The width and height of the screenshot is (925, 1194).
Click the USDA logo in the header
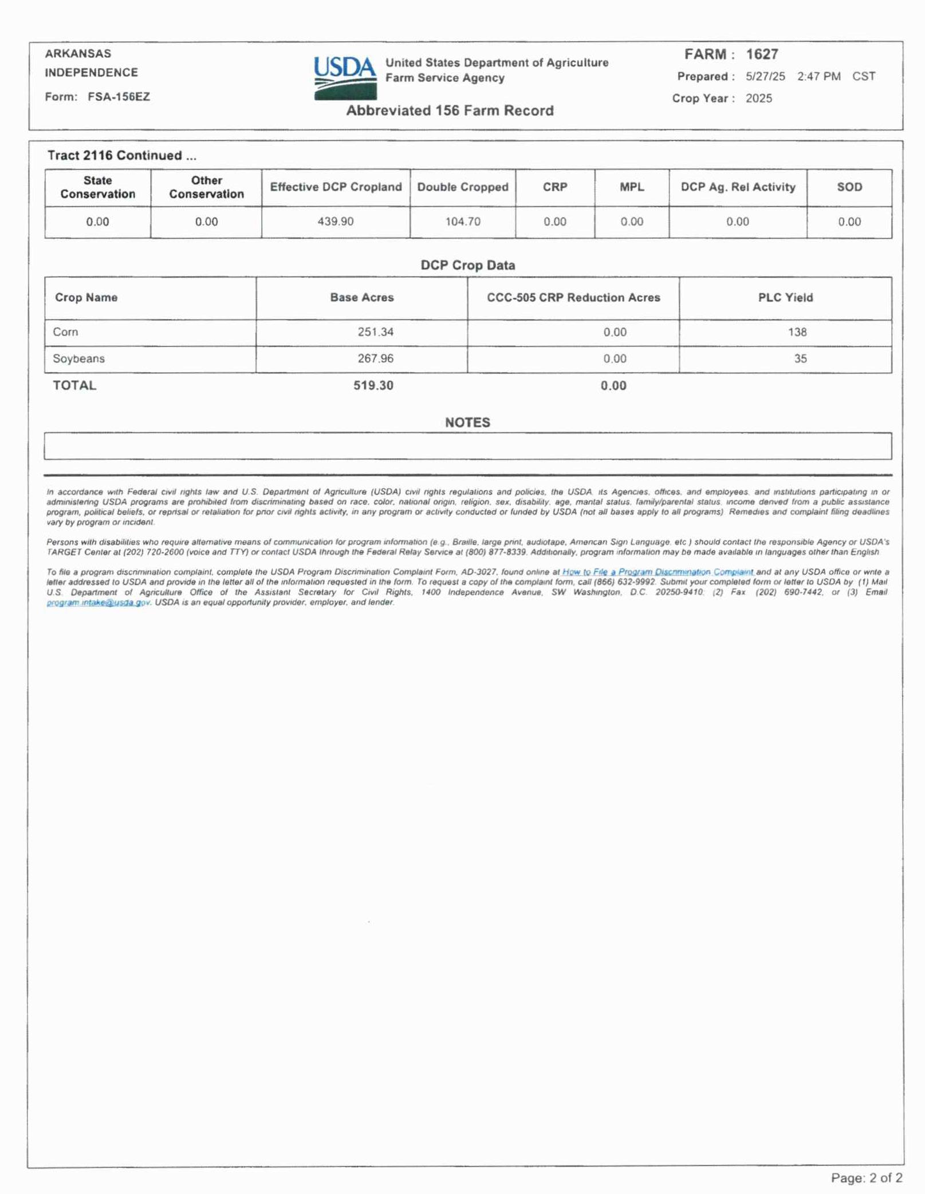click(x=345, y=78)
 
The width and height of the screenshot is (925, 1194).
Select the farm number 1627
click(x=762, y=54)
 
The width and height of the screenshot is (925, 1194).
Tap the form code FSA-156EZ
click(x=119, y=97)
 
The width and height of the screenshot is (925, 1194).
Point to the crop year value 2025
click(x=759, y=98)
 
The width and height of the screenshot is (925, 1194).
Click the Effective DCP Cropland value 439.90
click(x=336, y=222)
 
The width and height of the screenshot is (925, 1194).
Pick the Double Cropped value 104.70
click(x=463, y=222)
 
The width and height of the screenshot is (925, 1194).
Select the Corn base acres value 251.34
click(x=376, y=332)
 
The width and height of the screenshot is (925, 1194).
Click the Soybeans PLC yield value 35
click(x=800, y=358)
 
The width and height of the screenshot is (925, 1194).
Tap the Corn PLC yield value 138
click(x=797, y=332)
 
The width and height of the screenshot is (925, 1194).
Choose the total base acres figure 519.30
click(x=373, y=385)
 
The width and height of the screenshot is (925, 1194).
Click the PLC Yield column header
click(x=785, y=298)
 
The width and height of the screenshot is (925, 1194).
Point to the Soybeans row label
click(x=79, y=358)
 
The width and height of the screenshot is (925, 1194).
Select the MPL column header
click(x=632, y=187)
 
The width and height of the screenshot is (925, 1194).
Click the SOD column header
click(x=849, y=187)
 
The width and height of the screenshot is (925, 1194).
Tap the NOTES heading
click(x=467, y=423)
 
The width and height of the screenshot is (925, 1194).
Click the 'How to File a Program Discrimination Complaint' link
click(x=658, y=572)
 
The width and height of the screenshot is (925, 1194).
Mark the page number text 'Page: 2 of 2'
click(x=867, y=1177)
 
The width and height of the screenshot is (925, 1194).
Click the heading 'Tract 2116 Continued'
click(x=121, y=156)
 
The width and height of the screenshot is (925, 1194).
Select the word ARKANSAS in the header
click(x=78, y=54)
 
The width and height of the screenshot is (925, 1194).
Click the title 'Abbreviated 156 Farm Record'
click(x=450, y=111)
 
